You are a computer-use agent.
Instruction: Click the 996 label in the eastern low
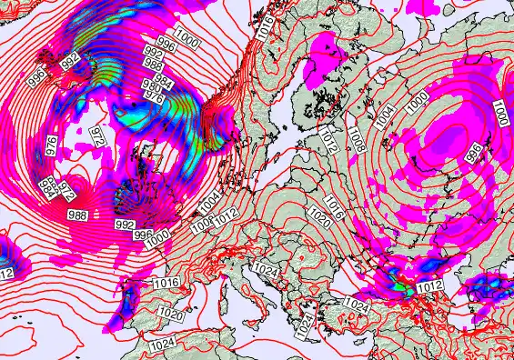pos(473,151)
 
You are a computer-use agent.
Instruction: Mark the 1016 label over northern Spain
pos(166,284)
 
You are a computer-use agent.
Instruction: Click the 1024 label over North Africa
pos(162,345)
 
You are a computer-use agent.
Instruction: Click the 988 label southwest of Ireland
pos(78,215)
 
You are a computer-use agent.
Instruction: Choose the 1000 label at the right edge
pos(501,114)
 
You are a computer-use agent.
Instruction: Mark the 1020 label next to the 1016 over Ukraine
pos(319,218)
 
